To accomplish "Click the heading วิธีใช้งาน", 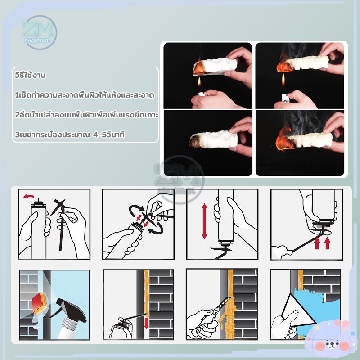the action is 30,75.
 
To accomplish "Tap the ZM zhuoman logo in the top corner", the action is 40,32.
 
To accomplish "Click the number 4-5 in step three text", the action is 100,135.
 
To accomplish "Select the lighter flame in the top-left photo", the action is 199,82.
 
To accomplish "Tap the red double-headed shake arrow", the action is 204,221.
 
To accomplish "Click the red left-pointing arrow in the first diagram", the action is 28,196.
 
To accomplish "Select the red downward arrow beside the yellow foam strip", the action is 146,323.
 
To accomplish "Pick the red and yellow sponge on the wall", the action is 40,303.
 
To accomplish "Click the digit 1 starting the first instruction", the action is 17,95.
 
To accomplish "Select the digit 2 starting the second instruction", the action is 17,115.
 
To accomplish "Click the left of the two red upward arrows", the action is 317,243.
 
